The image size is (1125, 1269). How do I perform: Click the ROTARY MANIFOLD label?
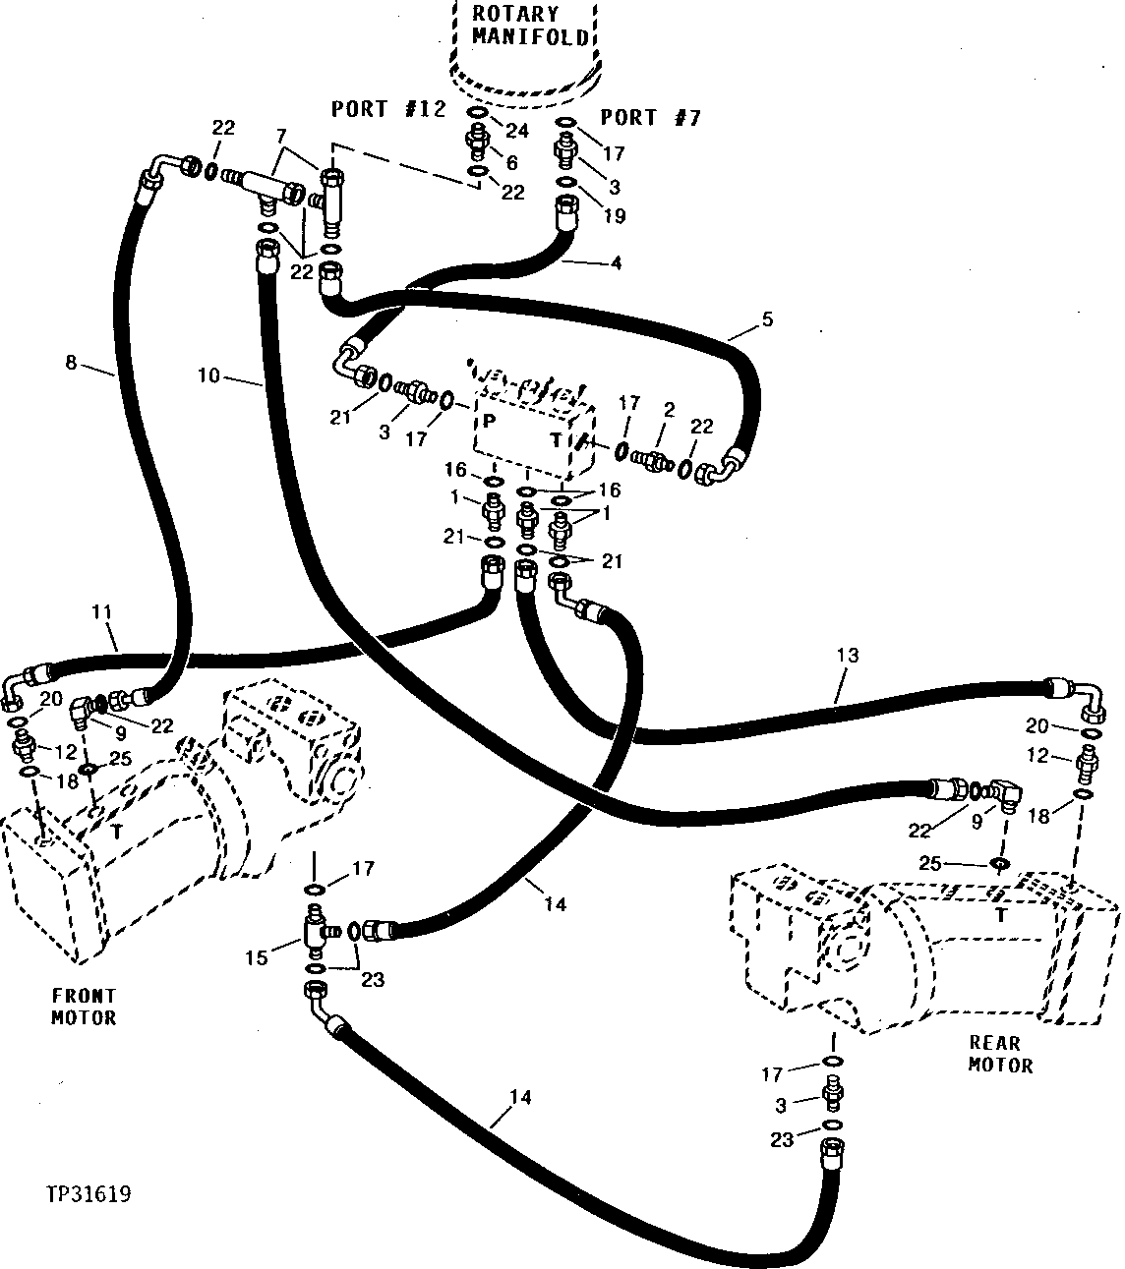(x=530, y=26)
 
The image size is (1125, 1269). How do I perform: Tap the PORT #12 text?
(x=388, y=109)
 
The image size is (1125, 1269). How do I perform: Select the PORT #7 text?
(x=651, y=118)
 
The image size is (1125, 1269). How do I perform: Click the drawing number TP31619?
(x=89, y=1194)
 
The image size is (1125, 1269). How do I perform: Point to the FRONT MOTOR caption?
(x=84, y=1008)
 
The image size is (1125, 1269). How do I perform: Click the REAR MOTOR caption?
(x=1000, y=1054)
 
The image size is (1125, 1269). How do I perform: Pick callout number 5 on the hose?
(x=768, y=319)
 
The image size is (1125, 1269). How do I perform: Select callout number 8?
(x=70, y=362)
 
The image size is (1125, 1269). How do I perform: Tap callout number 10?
(x=208, y=374)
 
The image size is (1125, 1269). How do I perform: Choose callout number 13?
(x=848, y=655)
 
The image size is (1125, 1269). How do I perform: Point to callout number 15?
(x=257, y=956)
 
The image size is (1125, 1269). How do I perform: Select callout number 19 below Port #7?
(x=614, y=216)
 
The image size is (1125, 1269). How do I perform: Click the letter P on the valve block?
(x=487, y=421)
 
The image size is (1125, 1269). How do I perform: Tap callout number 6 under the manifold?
(x=511, y=163)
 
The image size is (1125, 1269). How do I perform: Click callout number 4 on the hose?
(x=617, y=262)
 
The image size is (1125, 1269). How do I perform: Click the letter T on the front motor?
(x=117, y=831)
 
